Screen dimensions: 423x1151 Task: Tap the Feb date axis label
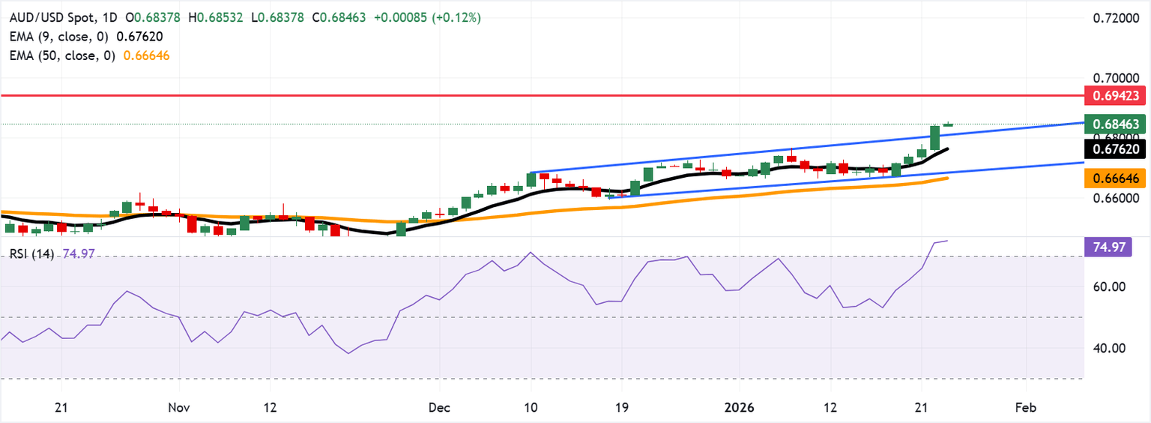pos(1025,407)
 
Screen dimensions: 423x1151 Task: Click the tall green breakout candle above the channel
pos(934,137)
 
